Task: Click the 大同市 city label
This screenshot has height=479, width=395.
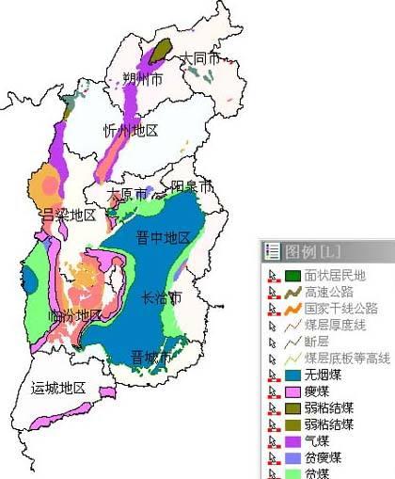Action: pos(200,58)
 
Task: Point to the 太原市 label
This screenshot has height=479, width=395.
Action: pos(127,195)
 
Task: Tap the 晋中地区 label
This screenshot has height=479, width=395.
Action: pos(163,236)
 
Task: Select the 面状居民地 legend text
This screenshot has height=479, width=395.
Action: pos(335,275)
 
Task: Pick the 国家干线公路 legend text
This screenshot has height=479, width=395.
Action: pos(340,308)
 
